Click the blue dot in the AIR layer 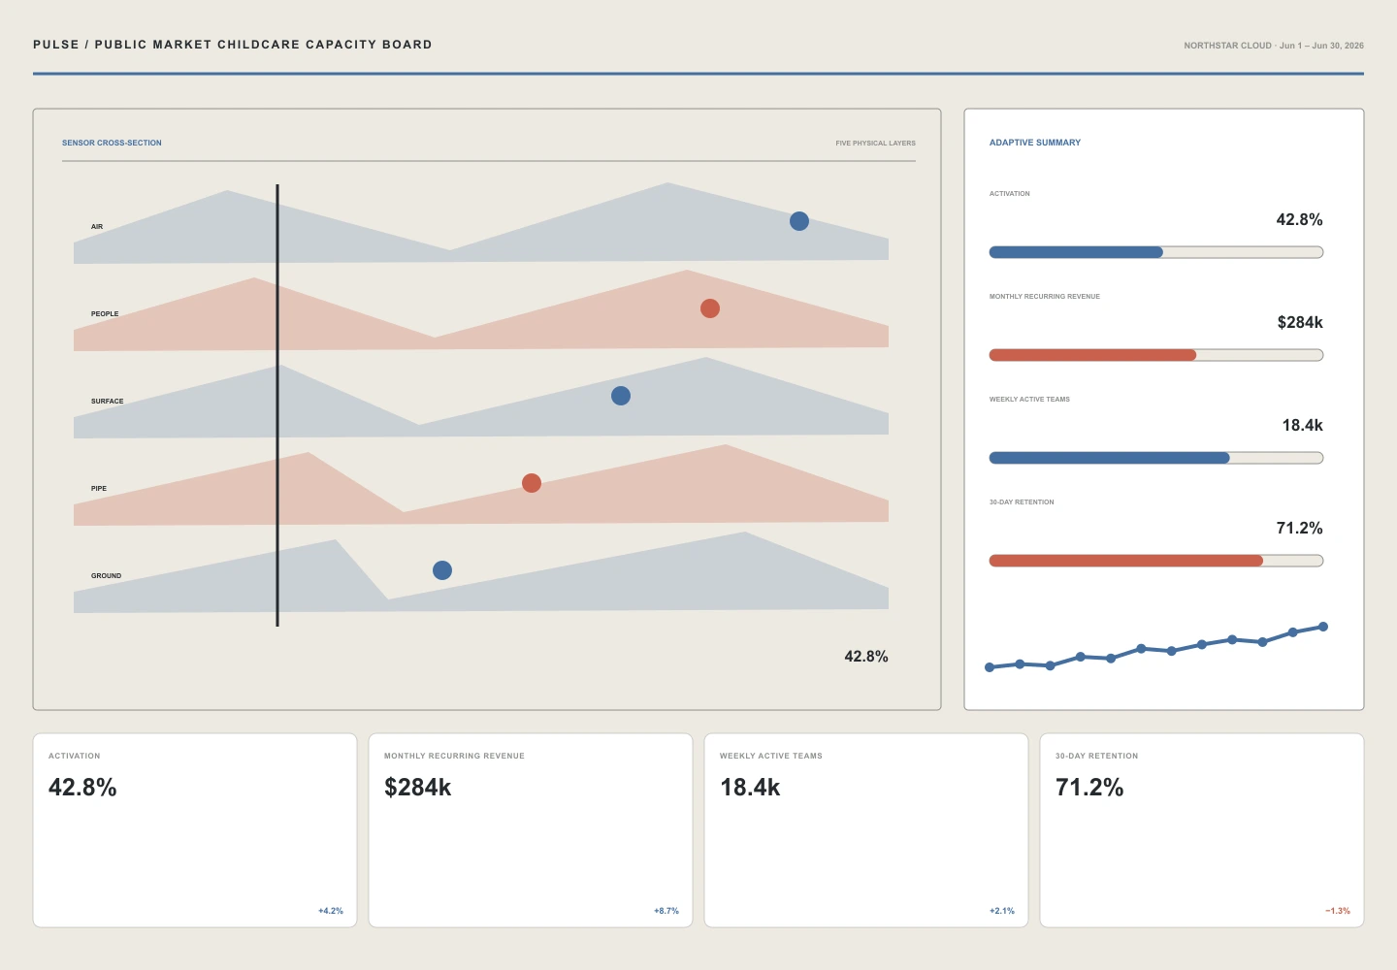point(799,221)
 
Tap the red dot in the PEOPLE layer point(710,308)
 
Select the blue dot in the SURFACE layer point(621,396)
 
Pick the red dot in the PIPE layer point(532,483)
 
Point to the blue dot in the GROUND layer point(442,570)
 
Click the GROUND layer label point(106,575)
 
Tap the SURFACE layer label point(108,401)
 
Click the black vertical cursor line point(277,405)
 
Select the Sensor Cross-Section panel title point(112,143)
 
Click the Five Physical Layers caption point(876,144)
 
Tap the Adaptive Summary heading point(1034,143)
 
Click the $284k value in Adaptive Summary point(1300,322)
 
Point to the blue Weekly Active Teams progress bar point(1110,458)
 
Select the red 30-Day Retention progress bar point(1126,561)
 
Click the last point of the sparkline point(1323,627)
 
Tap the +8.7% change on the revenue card point(666,911)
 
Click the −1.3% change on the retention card point(1338,911)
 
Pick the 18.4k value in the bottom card point(750,788)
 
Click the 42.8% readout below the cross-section point(865,657)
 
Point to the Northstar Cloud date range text point(1274,46)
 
